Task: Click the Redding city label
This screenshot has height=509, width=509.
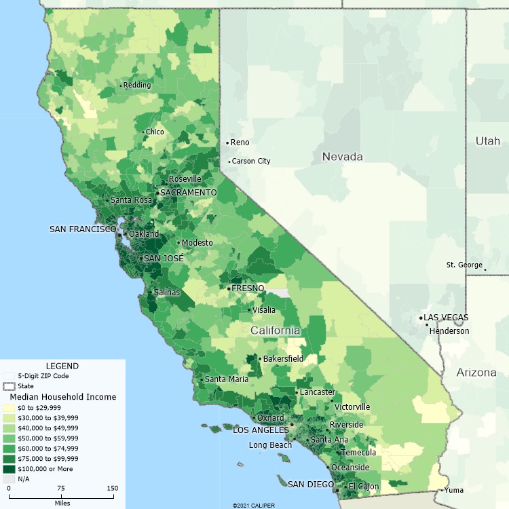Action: [x=138, y=85]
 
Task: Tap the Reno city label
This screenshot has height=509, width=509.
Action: [x=240, y=143]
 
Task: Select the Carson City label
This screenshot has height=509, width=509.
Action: [x=251, y=161]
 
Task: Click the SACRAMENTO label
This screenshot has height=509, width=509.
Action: [x=188, y=193]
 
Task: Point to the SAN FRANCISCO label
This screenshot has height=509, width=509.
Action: [x=83, y=229]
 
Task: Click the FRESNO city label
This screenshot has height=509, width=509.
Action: [x=248, y=288]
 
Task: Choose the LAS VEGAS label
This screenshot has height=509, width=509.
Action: [x=446, y=318]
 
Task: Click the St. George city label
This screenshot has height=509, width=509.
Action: [x=464, y=265]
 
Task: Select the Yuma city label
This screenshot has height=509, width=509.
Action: [x=454, y=490]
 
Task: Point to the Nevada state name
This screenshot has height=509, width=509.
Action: [x=342, y=157]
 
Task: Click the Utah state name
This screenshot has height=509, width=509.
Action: [x=487, y=141]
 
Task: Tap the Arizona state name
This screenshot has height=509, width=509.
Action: [x=476, y=373]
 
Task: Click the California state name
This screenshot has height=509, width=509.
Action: [x=275, y=331]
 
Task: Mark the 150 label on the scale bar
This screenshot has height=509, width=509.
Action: [x=111, y=488]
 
